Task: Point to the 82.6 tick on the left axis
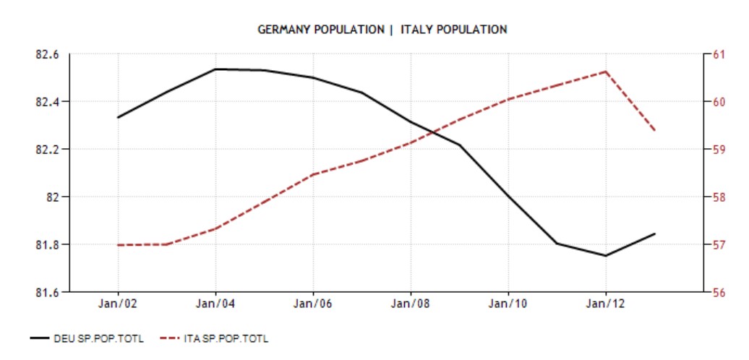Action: click(47, 54)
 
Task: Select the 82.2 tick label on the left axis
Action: click(47, 150)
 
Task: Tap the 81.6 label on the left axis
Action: click(47, 292)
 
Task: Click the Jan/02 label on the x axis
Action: click(118, 304)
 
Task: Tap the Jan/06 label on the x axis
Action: click(313, 304)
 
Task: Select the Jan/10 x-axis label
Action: click(508, 304)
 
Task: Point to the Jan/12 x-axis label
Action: click(606, 304)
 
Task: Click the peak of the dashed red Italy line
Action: click(605, 71)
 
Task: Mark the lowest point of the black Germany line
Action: click(606, 255)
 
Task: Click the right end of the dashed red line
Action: click(655, 131)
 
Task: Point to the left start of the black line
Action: click(118, 117)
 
